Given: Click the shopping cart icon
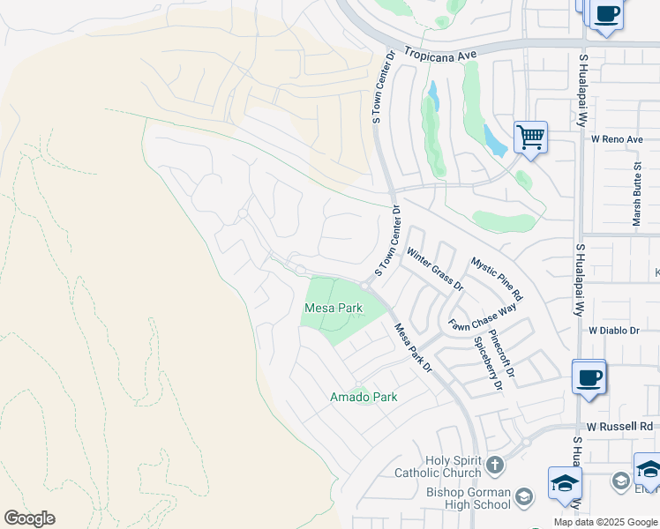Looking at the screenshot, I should [x=530, y=137].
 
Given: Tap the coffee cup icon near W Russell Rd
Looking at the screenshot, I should [x=589, y=377].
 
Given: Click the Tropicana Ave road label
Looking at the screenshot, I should [x=440, y=54].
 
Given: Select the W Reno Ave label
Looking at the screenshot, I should [x=617, y=139].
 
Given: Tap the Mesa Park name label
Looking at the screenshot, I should [x=334, y=308].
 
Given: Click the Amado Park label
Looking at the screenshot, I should [x=364, y=397].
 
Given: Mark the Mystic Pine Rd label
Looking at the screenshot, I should [x=497, y=278].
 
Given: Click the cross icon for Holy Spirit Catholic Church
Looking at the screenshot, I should [x=495, y=464].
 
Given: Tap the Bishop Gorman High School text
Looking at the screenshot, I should [x=468, y=498].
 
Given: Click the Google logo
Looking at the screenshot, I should [x=29, y=518].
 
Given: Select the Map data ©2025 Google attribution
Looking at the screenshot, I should [x=605, y=522].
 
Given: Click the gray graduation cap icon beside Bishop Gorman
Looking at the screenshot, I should [x=524, y=496].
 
